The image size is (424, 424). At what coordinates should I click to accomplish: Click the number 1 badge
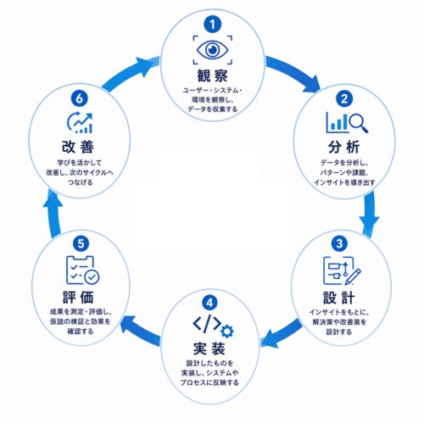pos(213,25)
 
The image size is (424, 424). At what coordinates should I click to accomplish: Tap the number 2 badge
pos(344,98)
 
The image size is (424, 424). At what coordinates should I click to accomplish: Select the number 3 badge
pos(339,243)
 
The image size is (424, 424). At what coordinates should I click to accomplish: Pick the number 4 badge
pos(209,303)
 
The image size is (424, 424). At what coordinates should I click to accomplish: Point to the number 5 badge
pos(81,243)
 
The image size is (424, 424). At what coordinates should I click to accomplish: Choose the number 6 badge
pos(80,98)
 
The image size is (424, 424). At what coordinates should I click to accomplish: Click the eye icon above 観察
pos(213,50)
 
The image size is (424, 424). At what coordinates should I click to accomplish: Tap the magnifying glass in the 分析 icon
pos(359,123)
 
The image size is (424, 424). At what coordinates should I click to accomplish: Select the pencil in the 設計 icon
pos(353,276)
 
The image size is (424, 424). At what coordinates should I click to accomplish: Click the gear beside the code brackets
pos(227,332)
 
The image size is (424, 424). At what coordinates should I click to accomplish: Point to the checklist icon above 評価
pos(82,271)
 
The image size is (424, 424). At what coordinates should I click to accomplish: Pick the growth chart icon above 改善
pos(80,122)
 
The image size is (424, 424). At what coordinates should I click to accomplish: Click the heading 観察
pos(212,75)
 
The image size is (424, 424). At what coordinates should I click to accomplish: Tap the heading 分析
pos(344,148)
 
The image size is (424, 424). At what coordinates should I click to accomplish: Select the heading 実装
pos(209,349)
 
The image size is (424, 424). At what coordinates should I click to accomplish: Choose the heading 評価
pos(78,298)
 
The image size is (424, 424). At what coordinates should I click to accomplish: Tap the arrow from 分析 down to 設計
pos(370,215)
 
